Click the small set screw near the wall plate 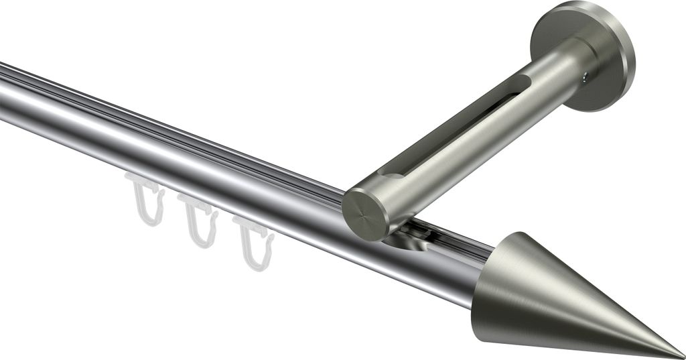pos(587,79)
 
